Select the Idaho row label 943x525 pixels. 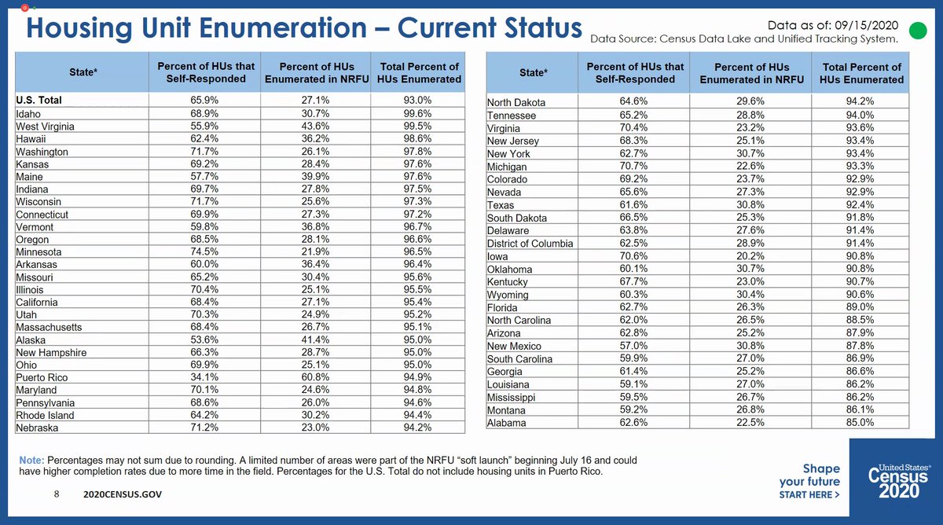coord(29,114)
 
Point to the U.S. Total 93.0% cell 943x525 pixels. coord(420,101)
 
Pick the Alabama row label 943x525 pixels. coord(508,423)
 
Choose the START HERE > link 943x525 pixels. coord(809,495)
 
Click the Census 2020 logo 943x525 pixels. coord(899,481)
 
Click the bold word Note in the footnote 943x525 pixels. coord(32,459)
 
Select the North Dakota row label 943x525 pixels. coord(516,102)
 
